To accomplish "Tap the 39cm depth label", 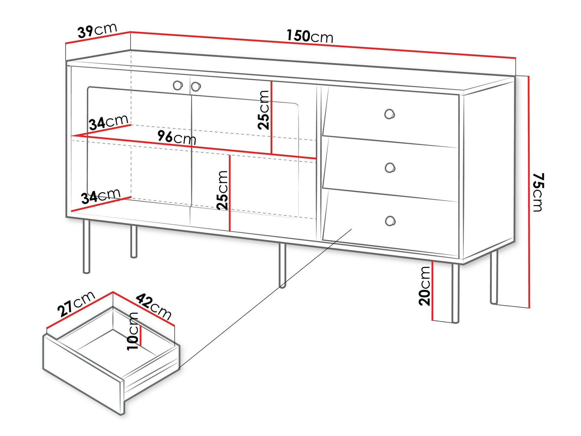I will pos(97,30).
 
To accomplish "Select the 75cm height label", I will pos(538,192).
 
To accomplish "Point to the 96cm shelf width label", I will pos(177,137).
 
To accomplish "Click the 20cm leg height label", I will pos(424,286).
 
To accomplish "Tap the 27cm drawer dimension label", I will pos(76,303).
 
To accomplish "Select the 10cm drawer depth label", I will pos(133,331).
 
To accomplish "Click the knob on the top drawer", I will pos(389,114).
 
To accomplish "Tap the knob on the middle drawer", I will pos(390,168).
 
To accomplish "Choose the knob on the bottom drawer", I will pos(390,221).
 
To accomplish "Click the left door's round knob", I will pos(177,85).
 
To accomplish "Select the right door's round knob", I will pos(196,86).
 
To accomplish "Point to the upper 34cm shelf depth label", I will pos(108,122).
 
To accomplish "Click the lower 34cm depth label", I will pos(101,196).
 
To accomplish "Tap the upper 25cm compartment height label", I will pos(264,110).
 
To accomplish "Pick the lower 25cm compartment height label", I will pos(223,190).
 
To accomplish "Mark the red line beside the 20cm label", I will pos(433,291).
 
